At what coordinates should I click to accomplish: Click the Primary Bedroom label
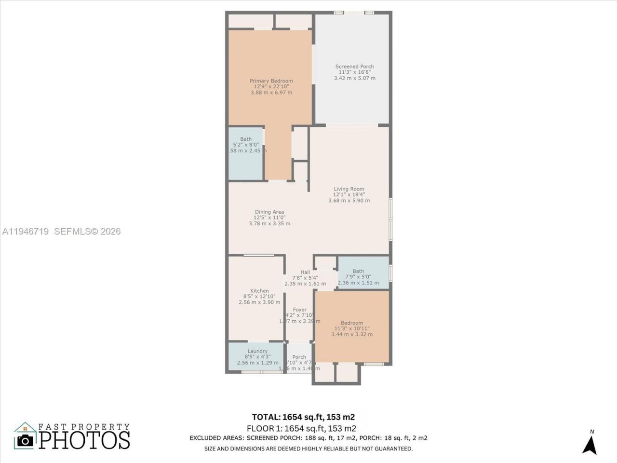271,81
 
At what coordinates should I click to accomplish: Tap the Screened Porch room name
354,67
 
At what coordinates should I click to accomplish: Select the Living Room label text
349,189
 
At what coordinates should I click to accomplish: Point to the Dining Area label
269,212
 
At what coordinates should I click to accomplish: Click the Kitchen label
259,291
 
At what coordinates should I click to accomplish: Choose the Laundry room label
257,351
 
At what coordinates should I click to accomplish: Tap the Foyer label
299,310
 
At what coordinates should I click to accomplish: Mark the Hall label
305,272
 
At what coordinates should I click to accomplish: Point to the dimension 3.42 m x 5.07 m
354,78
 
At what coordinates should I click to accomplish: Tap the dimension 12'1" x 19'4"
349,195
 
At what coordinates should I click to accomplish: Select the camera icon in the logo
25,440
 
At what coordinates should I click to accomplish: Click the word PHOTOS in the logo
84,440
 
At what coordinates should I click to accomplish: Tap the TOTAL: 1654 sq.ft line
303,417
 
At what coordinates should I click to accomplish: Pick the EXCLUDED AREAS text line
308,438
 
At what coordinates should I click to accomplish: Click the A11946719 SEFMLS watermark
61,231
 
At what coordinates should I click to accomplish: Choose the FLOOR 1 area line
301,428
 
